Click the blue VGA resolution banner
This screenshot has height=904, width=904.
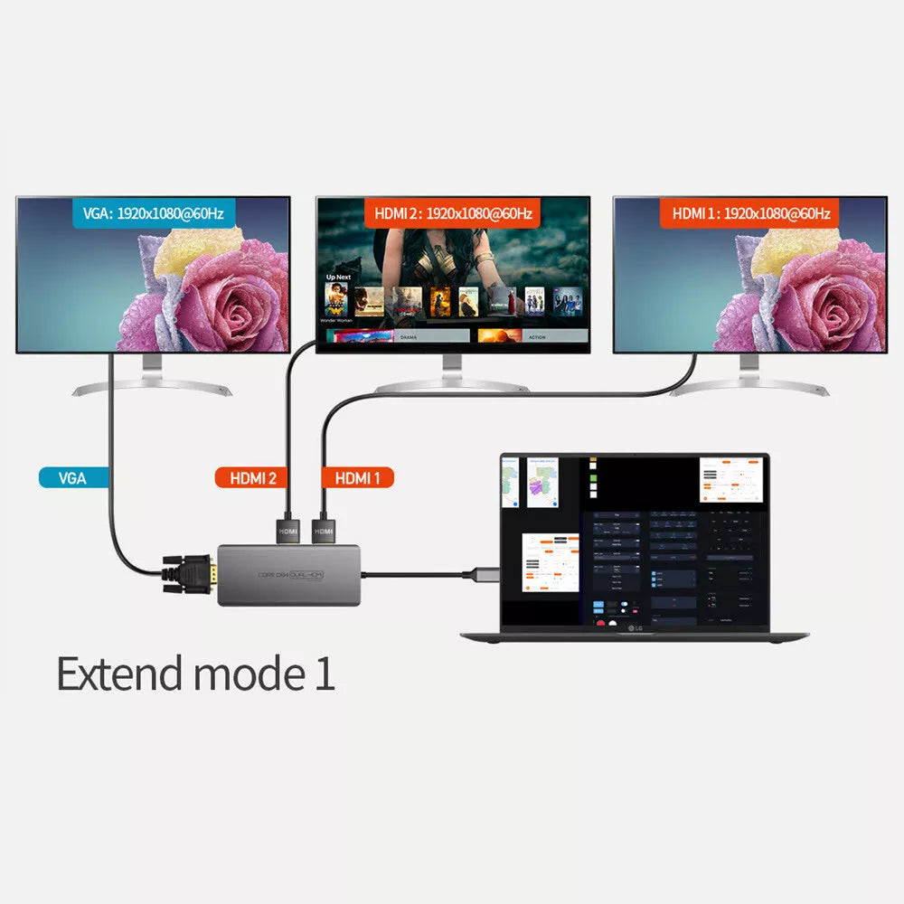tap(153, 214)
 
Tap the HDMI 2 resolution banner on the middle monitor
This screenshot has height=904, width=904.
tap(452, 214)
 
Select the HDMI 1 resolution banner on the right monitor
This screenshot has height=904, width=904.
tap(750, 214)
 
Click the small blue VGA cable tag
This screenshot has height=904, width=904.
tap(72, 478)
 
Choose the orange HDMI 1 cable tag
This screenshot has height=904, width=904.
tap(357, 478)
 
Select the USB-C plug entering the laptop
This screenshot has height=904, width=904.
tap(479, 572)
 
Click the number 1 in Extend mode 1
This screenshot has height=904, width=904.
tap(325, 673)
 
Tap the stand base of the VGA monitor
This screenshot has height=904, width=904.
tap(152, 388)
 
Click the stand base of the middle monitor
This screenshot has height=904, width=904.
tap(451, 386)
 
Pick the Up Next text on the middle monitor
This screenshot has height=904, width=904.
tap(338, 277)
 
